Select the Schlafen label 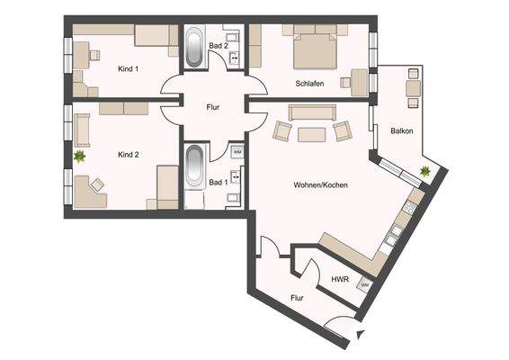click(309, 84)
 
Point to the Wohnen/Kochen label click(320, 185)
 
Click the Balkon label click(402, 131)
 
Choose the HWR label click(340, 279)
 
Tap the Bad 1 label click(218, 183)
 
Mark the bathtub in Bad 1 click(195, 167)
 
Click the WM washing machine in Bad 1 click(237, 151)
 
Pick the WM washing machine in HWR click(364, 285)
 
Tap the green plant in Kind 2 click(79, 157)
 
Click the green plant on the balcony click(424, 170)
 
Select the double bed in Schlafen click(311, 49)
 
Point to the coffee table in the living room click(312, 134)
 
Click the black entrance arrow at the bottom click(361, 336)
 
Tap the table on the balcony click(412, 87)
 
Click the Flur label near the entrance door click(297, 296)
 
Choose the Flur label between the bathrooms click(212, 107)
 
